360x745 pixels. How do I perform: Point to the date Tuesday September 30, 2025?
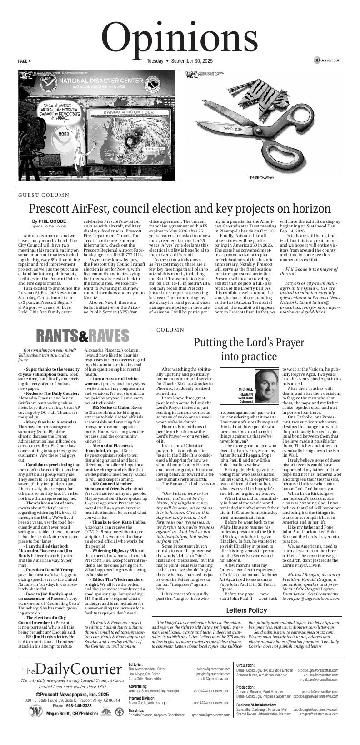click(x=180, y=61)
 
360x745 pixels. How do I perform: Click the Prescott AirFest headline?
click(x=180, y=209)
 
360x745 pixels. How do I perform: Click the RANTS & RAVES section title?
click(x=83, y=336)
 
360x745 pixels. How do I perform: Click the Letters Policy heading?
click(x=246, y=610)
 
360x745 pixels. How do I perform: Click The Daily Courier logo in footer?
click(x=72, y=669)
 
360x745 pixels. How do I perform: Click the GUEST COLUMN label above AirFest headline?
click(x=44, y=195)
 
